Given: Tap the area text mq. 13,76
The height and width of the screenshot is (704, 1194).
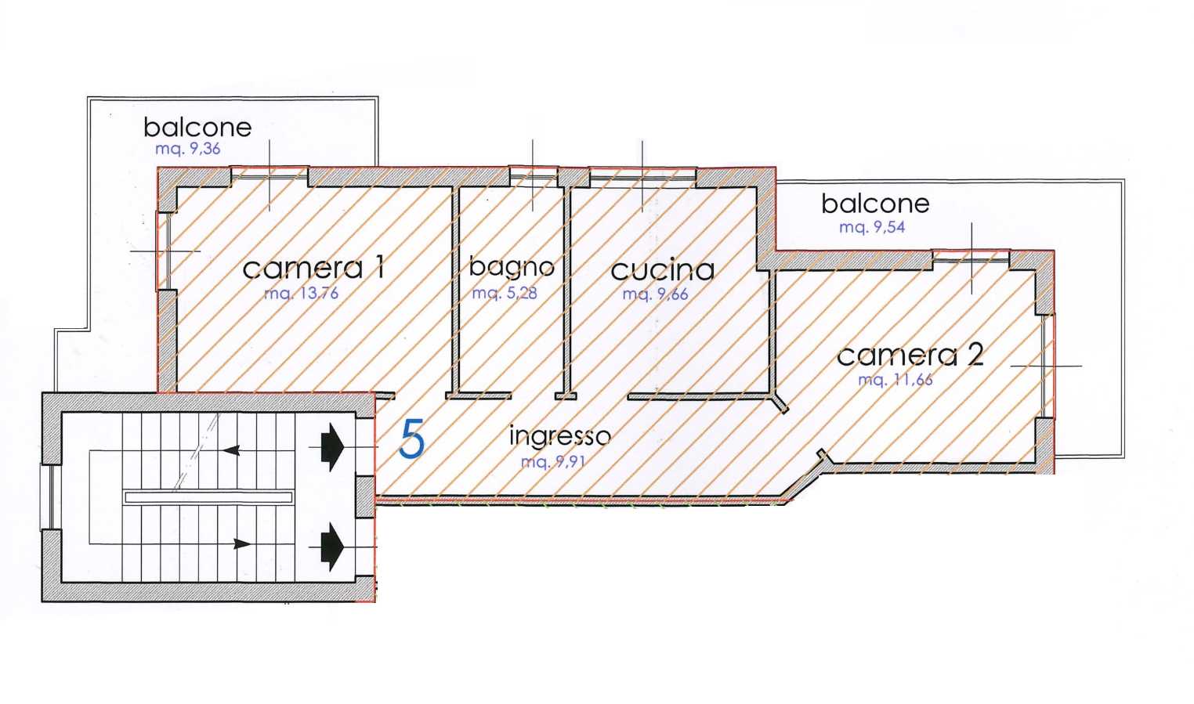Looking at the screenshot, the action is point(302,293).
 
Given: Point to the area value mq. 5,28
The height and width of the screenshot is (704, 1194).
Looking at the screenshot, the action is point(505,293).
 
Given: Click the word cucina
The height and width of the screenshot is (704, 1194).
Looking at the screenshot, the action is point(663,269).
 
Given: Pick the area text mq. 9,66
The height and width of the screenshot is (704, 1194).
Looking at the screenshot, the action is point(655,294).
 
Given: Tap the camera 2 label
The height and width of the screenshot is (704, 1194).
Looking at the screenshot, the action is point(910,355).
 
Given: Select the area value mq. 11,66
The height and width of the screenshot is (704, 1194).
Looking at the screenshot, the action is point(896,380).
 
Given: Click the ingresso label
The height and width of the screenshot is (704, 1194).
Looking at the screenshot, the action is point(560,436).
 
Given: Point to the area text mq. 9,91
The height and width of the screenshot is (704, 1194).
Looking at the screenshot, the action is point(553,461).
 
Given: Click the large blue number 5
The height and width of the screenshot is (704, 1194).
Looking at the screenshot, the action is point(412,439).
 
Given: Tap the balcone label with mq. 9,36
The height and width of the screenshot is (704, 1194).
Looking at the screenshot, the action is point(197,128).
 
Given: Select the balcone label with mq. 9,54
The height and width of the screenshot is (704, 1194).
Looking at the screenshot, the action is point(875,204).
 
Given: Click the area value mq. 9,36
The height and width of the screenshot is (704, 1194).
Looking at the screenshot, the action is point(187,149).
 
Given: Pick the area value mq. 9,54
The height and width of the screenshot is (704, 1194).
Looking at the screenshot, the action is point(872,227).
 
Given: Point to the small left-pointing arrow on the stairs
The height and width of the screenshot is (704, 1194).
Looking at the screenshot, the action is point(231,451).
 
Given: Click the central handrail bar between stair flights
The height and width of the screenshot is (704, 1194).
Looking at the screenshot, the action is point(208,497).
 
